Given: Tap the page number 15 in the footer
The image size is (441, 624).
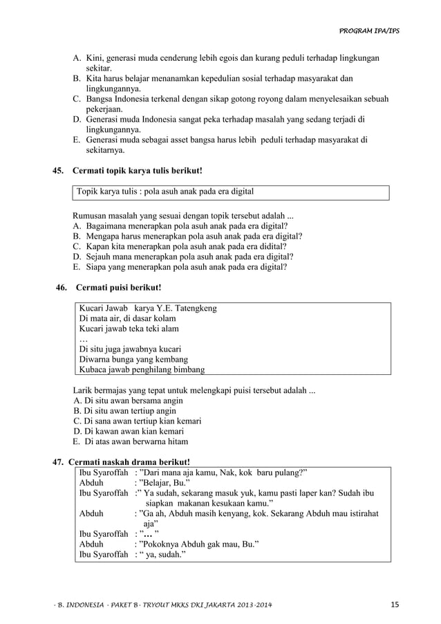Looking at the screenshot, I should pyautogui.click(x=394, y=606).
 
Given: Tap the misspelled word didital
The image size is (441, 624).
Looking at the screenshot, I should pyautogui.click(x=271, y=246).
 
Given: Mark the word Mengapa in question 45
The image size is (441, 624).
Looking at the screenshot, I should pyautogui.click(x=102, y=236).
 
